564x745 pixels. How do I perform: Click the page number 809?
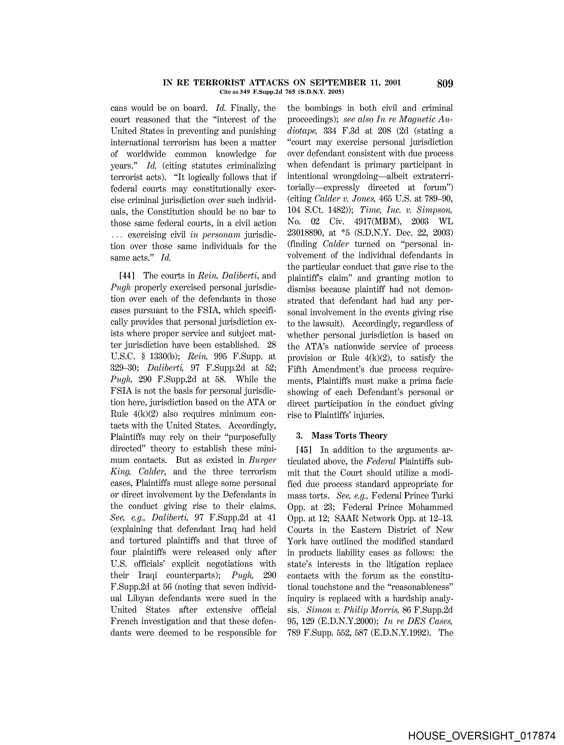(x=445, y=84)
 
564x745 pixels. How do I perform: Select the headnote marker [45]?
(x=303, y=450)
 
